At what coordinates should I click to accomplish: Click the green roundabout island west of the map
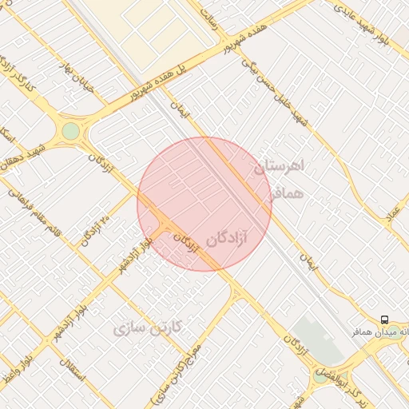click(71, 130)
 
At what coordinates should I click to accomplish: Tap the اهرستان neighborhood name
click(279, 167)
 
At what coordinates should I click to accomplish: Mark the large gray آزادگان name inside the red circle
click(227, 238)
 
